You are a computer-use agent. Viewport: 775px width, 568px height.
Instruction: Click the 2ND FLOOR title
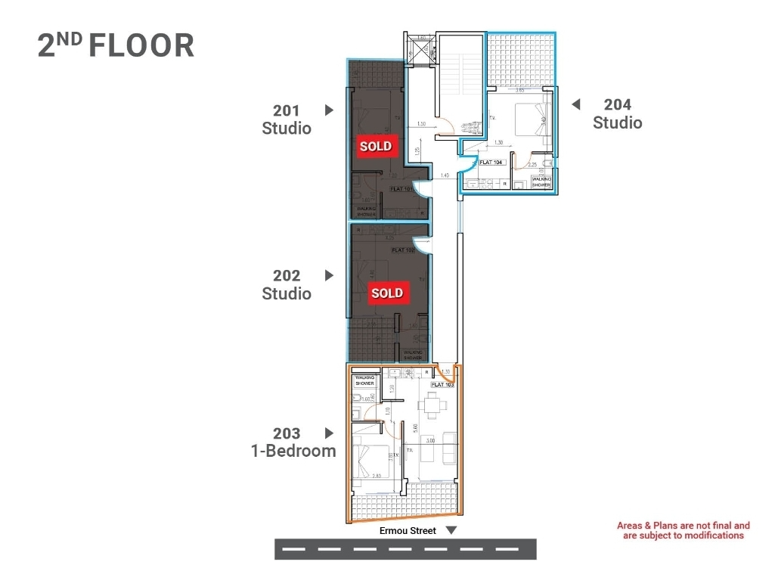pyautogui.click(x=116, y=45)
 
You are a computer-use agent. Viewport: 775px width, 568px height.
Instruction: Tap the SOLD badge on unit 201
pyautogui.click(x=376, y=146)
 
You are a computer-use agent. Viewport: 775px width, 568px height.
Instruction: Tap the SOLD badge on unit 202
pyautogui.click(x=386, y=293)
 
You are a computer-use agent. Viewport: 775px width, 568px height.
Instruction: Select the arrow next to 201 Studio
pyautogui.click(x=329, y=110)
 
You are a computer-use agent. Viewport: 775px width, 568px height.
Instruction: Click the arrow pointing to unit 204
pyautogui.click(x=575, y=104)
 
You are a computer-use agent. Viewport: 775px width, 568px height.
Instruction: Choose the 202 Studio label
pyautogui.click(x=287, y=284)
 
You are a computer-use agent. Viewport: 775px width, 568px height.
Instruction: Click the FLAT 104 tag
pyautogui.click(x=491, y=163)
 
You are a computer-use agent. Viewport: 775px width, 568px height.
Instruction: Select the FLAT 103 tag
pyautogui.click(x=443, y=385)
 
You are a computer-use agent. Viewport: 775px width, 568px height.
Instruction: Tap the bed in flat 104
pyautogui.click(x=532, y=119)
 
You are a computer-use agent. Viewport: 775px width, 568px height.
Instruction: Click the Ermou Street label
pyautogui.click(x=408, y=531)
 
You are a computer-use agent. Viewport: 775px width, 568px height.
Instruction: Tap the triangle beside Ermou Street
pyautogui.click(x=451, y=531)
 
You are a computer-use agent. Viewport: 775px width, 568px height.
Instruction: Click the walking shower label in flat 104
pyautogui.click(x=541, y=182)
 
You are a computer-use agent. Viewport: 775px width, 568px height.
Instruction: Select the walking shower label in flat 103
pyautogui.click(x=364, y=380)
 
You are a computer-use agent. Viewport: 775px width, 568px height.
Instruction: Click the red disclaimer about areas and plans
pyautogui.click(x=683, y=530)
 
